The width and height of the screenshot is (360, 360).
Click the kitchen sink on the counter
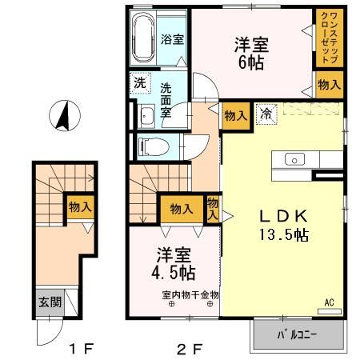(293, 158)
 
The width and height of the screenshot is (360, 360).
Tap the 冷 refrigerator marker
(264, 115)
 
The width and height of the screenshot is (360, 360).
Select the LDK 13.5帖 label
(279, 225)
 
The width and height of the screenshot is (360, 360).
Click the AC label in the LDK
(330, 302)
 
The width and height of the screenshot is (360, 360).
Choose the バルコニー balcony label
(298, 334)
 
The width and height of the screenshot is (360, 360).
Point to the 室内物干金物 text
(190, 294)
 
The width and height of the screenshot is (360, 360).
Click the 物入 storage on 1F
(79, 206)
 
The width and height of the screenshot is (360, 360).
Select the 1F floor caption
(82, 349)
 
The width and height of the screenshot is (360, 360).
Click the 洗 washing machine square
(140, 82)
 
